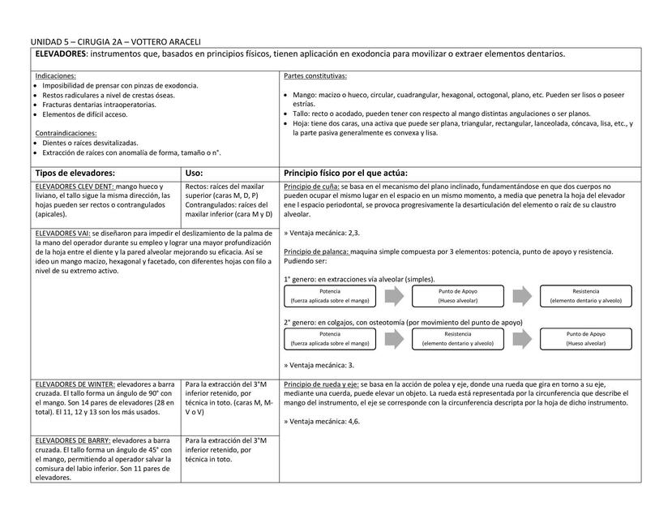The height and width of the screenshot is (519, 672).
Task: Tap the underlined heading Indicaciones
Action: (x=56, y=75)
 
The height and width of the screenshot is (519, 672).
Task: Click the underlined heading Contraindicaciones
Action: (x=66, y=133)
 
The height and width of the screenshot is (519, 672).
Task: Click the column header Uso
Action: (x=195, y=173)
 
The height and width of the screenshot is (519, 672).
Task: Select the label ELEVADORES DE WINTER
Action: (x=75, y=383)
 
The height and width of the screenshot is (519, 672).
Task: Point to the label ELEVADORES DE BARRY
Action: (x=74, y=440)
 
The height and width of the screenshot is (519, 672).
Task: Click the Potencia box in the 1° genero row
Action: (x=330, y=295)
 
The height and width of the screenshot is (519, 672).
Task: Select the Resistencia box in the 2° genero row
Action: (x=457, y=338)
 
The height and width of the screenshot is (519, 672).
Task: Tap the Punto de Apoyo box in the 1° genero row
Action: (x=457, y=295)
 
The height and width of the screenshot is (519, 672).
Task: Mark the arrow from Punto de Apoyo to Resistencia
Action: (x=521, y=295)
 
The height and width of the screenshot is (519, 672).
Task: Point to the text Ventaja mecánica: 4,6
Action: (x=323, y=422)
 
